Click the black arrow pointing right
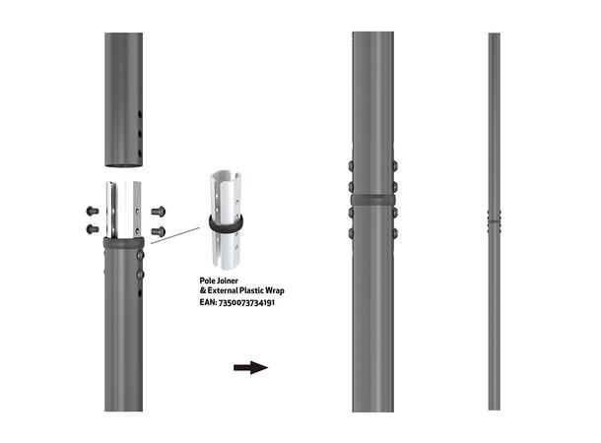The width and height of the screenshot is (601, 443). (250, 368)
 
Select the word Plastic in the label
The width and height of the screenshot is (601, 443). (245, 292)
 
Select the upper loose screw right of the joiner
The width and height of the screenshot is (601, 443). (159, 210)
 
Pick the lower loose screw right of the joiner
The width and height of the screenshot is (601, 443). (159, 229)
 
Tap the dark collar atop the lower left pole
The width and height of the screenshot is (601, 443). (123, 241)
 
